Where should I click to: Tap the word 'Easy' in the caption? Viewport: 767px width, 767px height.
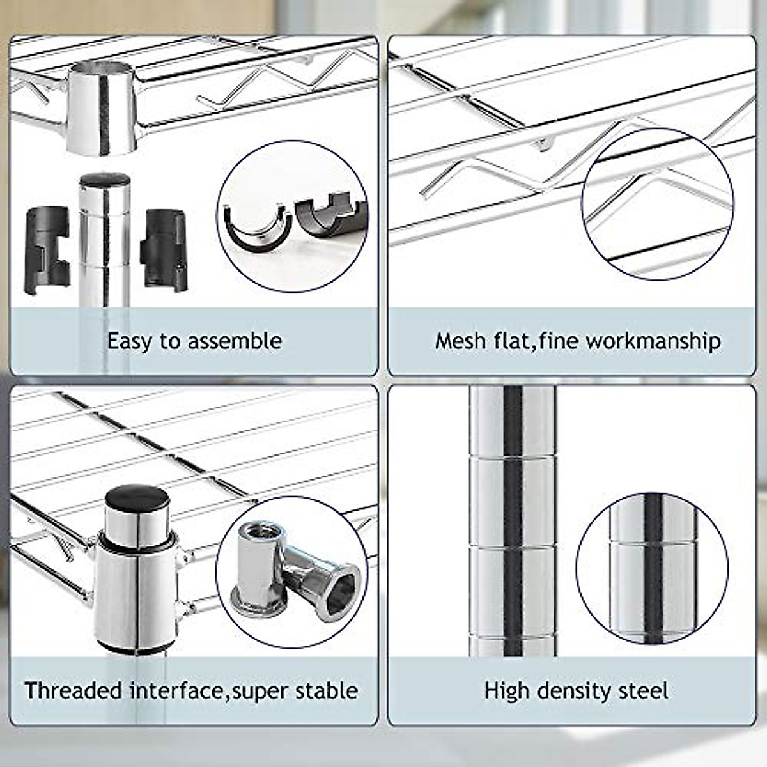point(130,341)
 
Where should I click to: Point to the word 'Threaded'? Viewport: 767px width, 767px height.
point(74,691)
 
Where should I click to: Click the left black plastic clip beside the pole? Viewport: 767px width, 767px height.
point(47,249)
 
